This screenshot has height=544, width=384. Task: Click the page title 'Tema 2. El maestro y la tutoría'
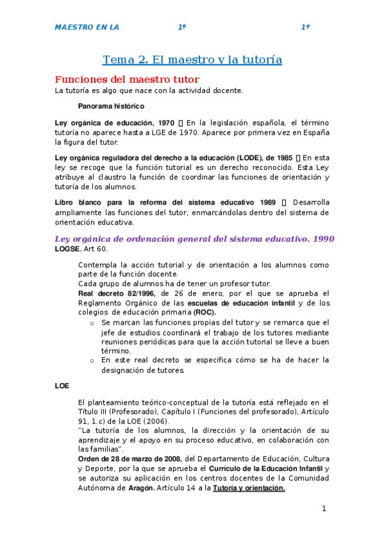coord(192,60)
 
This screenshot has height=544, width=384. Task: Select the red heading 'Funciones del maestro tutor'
coord(127,80)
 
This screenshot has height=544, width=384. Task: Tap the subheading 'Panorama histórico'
coord(111,106)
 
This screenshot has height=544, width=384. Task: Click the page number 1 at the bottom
coord(324,509)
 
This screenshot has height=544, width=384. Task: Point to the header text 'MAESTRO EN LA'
coord(87,28)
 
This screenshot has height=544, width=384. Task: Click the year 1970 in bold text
coord(165,122)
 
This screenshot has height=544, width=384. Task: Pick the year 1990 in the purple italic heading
coord(322,239)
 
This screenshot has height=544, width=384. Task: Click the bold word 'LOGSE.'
coord(68,248)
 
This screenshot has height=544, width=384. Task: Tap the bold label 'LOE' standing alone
coord(62,386)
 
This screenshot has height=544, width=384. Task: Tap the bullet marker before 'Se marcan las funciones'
coord(92,323)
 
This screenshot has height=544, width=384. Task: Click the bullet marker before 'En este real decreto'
coord(92,361)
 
